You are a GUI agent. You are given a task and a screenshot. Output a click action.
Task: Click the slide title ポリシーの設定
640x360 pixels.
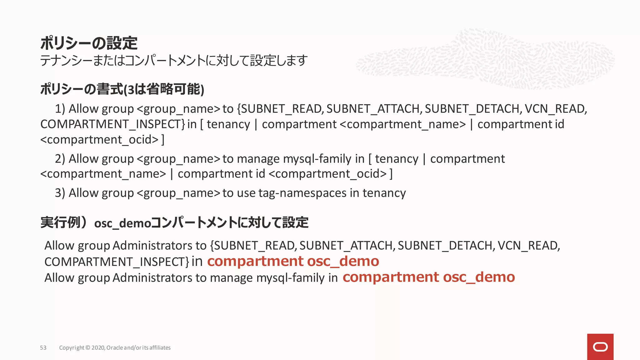coord(89,43)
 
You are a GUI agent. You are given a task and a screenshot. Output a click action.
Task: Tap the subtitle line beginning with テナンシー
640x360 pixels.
coord(174,60)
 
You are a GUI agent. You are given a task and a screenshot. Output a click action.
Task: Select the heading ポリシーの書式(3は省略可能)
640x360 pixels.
coord(122,89)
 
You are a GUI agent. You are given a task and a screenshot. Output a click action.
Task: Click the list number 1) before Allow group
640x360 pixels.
coord(60,109)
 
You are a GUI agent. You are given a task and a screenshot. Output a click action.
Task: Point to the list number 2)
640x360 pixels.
coord(60,159)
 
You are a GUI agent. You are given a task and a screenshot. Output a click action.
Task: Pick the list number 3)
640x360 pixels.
coord(60,193)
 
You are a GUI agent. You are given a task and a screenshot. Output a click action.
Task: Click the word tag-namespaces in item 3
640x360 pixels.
coord(302,193)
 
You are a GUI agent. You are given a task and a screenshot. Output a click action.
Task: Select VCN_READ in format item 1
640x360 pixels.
coord(555,109)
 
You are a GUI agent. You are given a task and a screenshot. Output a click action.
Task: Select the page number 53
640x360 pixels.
coord(43,347)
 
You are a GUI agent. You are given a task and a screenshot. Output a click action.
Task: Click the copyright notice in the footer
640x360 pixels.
coord(115,347)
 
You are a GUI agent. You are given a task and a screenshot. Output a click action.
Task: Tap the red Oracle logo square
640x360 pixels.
coord(600,347)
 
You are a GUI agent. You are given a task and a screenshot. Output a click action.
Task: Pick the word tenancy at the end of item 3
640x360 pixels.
coord(384,193)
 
